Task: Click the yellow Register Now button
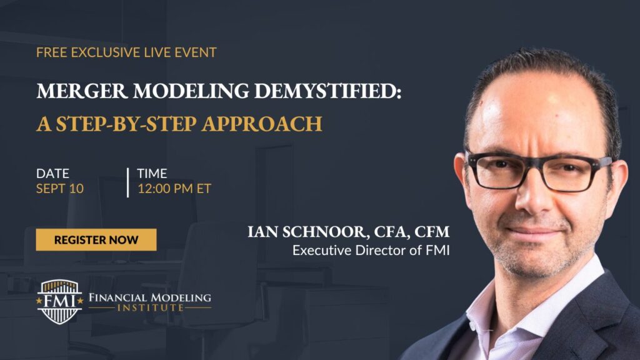tap(96, 239)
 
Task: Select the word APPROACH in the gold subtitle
tap(262, 124)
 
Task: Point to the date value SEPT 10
tap(59, 189)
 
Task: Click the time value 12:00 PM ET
tap(174, 189)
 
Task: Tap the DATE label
tap(52, 174)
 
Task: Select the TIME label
tap(152, 174)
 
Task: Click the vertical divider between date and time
tap(127, 182)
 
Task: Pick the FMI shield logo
tap(59, 302)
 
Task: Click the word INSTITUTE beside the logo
tap(150, 307)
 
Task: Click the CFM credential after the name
tap(432, 232)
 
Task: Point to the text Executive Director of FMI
tap(371, 250)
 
